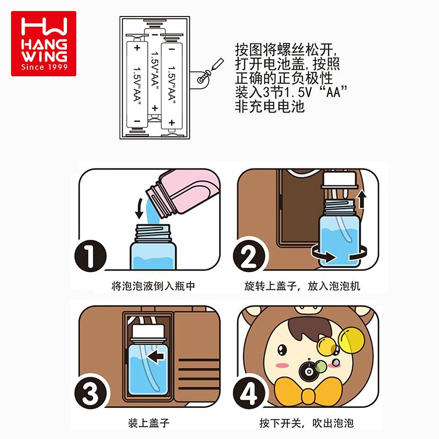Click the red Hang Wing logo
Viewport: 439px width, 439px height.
[43, 43]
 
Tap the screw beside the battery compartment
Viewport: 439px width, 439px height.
[204, 77]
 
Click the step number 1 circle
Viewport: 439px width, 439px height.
[90, 256]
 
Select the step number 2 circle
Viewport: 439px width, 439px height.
[249, 256]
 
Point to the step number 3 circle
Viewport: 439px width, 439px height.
[90, 393]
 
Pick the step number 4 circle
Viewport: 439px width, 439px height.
[249, 393]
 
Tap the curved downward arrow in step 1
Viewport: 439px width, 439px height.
[140, 209]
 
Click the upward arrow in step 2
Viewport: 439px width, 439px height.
[362, 199]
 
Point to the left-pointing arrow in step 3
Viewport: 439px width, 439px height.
[156, 357]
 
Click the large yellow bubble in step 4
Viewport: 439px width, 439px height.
[351, 339]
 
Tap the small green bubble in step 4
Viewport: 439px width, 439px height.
[320, 366]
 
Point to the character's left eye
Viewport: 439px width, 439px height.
[282, 349]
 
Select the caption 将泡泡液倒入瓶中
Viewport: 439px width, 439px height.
[153, 286]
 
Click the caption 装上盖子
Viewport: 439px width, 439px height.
[149, 423]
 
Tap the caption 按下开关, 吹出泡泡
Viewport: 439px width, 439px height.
[307, 423]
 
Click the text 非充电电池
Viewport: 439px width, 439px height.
[269, 106]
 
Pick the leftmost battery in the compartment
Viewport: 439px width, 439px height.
[137, 85]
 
